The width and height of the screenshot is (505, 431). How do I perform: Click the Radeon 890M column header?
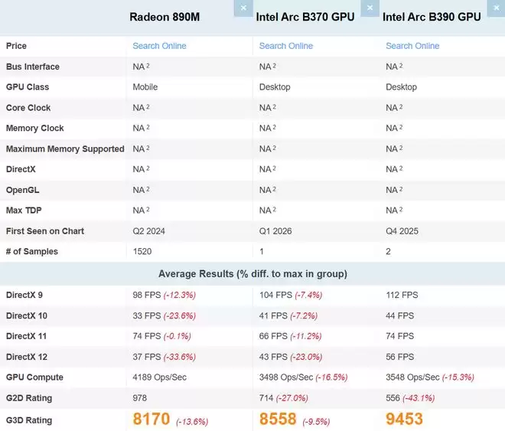[164, 17]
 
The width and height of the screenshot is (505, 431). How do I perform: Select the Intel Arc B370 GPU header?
[305, 17]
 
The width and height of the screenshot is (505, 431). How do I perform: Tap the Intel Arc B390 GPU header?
[432, 17]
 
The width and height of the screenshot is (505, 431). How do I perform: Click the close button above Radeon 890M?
[243, 7]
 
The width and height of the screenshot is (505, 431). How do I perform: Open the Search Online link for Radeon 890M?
[159, 46]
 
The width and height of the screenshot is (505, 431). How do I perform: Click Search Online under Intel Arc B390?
[412, 46]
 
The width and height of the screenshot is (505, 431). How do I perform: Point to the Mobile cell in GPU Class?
[145, 87]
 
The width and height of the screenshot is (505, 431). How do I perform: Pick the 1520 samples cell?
[142, 252]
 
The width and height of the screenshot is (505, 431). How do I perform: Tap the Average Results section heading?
[252, 274]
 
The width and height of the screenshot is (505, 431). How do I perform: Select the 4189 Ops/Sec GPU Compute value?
[159, 377]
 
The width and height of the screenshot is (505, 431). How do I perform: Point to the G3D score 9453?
[405, 420]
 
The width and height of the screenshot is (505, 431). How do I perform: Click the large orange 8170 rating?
[151, 420]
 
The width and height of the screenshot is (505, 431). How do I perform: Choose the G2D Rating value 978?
[139, 398]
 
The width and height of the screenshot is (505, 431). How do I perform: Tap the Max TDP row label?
[24, 211]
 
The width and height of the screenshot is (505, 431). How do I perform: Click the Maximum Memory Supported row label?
[65, 149]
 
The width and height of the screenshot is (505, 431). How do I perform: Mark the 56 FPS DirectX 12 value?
[399, 357]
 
